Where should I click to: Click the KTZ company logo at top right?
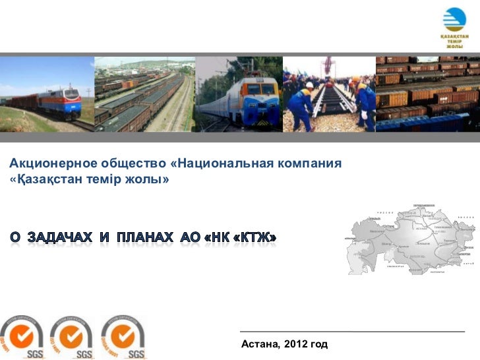[x=454, y=26]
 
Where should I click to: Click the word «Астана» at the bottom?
[x=260, y=344]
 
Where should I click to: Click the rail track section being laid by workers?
[x=330, y=105]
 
